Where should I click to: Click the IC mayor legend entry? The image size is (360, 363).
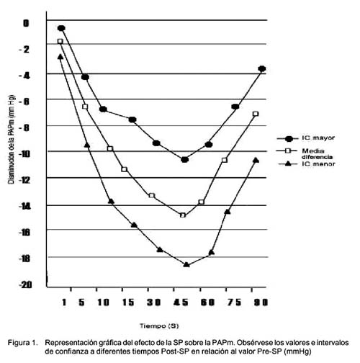[x=306, y=138]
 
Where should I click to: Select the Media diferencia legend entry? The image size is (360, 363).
[x=305, y=153]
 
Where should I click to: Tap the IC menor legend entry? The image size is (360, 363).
[x=307, y=164]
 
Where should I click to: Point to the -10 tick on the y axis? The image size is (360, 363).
[x=24, y=154]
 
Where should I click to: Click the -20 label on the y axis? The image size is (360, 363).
[x=26, y=285]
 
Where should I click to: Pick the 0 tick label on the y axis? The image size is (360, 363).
[x=26, y=24]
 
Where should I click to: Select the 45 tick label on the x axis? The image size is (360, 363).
[x=181, y=302]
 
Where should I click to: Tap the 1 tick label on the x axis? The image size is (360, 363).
[x=64, y=302]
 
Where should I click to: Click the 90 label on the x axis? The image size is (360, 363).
[x=261, y=302]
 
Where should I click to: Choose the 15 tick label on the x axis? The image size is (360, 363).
[x=128, y=302]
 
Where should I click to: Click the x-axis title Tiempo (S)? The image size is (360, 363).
[x=159, y=326]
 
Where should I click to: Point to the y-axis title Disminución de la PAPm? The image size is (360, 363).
[x=12, y=140]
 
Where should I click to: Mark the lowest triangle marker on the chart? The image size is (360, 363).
[x=186, y=264]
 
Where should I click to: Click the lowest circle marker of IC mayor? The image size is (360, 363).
[x=184, y=160]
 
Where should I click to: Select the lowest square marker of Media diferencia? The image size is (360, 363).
[x=183, y=215]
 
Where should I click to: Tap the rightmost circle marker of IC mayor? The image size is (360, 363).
[x=262, y=68]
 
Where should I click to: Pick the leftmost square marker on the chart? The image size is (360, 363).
[x=60, y=41]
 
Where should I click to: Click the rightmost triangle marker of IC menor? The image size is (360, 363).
[x=256, y=160]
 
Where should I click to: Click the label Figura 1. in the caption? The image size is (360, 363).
[x=23, y=343]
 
